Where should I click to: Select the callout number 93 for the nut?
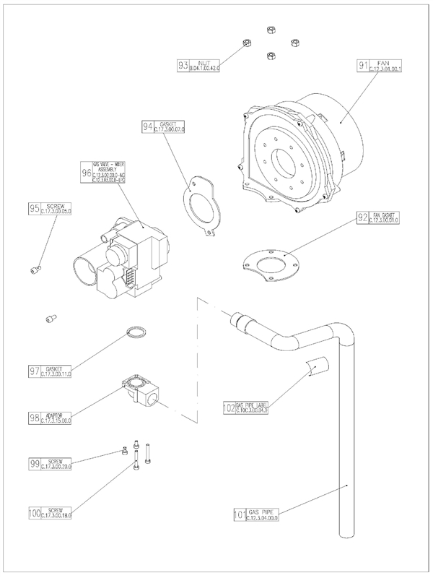183,66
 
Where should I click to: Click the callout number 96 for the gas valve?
87,173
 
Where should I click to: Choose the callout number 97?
34,371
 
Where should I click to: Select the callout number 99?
34,463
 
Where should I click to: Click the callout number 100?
34,514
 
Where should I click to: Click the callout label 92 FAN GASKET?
382,217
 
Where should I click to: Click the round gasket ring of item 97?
134,333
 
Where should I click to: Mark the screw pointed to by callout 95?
34,270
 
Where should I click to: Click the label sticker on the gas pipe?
317,366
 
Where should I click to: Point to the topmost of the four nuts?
271,31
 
